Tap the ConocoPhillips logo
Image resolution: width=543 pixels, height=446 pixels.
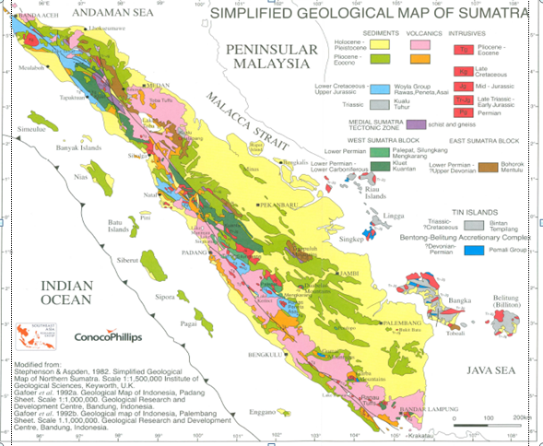pyautogui.click(x=100, y=337)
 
